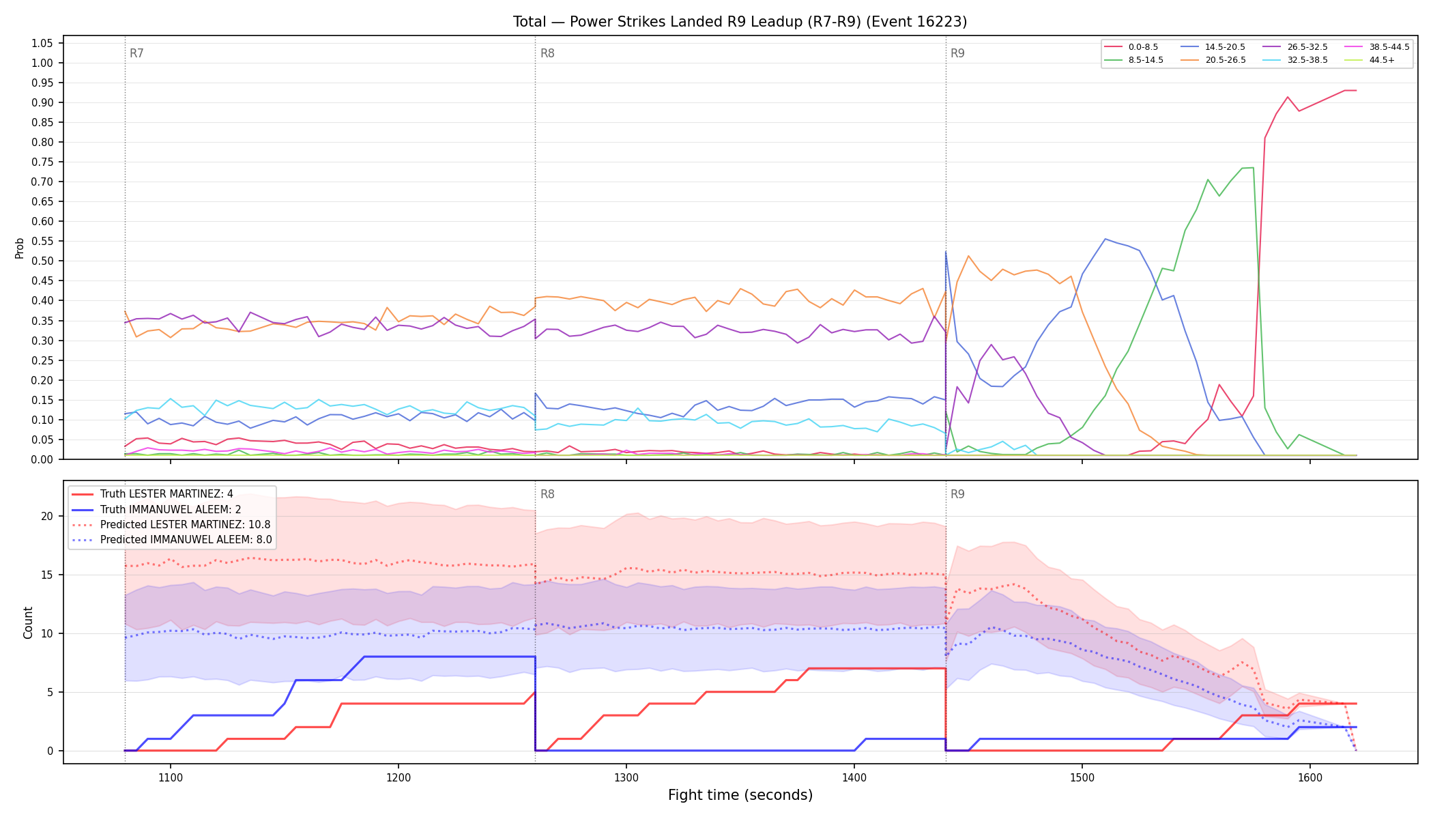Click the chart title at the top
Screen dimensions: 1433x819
740,22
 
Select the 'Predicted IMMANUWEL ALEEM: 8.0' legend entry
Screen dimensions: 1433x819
171,540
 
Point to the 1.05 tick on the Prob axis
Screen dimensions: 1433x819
42,44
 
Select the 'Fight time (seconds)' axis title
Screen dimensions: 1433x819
740,795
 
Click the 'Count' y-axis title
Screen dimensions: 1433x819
28,622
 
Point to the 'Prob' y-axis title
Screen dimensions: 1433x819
20,248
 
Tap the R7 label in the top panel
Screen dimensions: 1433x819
136,53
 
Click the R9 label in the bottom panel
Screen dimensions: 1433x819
957,494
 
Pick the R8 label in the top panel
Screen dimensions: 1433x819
547,53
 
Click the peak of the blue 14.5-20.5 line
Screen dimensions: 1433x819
1105,239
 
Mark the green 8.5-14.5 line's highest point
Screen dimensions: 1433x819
1253,167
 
